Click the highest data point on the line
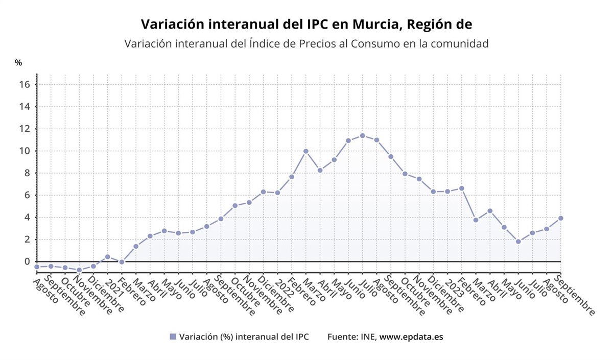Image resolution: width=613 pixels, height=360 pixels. [x=362, y=136]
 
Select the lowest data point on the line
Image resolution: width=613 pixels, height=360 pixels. [x=79, y=270]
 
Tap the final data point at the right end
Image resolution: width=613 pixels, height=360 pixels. [x=560, y=218]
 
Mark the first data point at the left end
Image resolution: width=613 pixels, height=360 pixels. [x=37, y=267]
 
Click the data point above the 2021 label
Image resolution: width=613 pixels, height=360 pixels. [x=107, y=257]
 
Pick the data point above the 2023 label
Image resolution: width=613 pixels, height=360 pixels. [x=447, y=191]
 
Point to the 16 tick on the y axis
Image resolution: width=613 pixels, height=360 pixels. [x=25, y=84]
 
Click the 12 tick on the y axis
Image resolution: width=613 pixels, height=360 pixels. [x=25, y=129]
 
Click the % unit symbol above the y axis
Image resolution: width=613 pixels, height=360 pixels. [x=18, y=63]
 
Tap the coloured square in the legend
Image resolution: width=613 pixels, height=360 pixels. [x=173, y=337]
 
